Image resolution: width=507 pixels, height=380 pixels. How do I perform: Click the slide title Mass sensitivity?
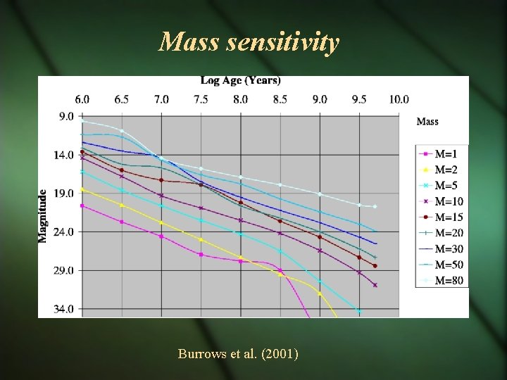coord(249,43)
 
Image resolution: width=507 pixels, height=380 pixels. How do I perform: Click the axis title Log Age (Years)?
coord(240,81)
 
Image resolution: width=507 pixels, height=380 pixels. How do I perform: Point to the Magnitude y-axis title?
coord(43,215)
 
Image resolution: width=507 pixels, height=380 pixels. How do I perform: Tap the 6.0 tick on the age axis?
coord(82,99)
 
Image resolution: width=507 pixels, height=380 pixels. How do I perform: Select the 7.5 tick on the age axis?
coord(201,99)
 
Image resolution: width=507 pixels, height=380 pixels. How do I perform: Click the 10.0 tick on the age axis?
coord(399,99)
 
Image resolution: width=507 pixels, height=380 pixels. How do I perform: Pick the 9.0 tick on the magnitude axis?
coord(65,117)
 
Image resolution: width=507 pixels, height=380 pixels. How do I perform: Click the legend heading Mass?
coord(427,122)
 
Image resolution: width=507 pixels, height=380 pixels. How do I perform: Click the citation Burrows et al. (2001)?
coord(238,353)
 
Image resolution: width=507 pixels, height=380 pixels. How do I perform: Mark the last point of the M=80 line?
coord(375,206)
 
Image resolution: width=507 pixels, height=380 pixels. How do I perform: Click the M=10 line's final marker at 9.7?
coord(375,285)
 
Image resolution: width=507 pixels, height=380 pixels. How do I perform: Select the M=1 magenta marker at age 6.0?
coord(82,205)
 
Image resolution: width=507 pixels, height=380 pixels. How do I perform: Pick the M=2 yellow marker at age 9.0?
coord(320,293)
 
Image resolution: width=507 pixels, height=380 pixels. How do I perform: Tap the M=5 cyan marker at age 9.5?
coord(359,310)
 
